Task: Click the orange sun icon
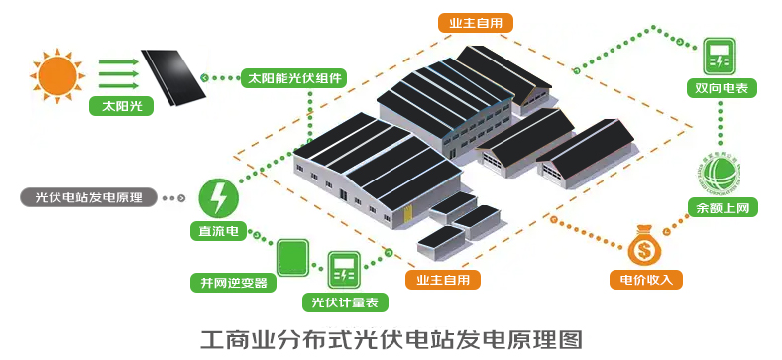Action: [x=57, y=76]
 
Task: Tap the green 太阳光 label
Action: [x=121, y=106]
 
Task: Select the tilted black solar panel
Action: [x=173, y=77]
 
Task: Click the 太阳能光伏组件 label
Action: [x=294, y=78]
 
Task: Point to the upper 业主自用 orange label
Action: [x=476, y=23]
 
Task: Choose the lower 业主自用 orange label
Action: [x=442, y=279]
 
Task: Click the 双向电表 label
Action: [x=722, y=88]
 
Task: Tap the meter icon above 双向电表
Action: [x=720, y=56]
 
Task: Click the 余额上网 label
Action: [x=723, y=206]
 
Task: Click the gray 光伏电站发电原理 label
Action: [x=89, y=197]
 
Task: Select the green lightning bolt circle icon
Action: [x=219, y=198]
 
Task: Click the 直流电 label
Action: [x=218, y=232]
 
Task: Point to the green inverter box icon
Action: [x=292, y=258]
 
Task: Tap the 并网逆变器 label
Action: [x=234, y=283]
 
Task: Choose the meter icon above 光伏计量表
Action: [x=344, y=270]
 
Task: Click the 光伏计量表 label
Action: [x=345, y=302]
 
